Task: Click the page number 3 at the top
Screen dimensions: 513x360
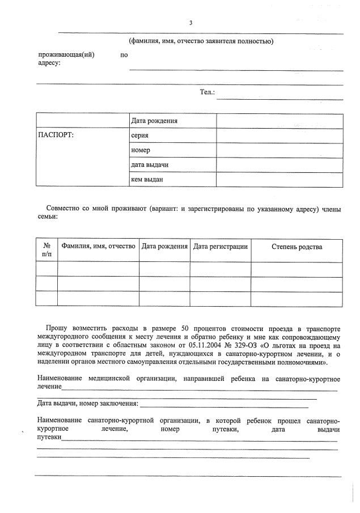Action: coord(190,23)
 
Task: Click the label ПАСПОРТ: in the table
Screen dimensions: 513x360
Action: coord(56,135)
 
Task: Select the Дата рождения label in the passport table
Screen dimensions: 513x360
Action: coord(154,121)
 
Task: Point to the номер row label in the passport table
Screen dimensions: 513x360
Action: coord(140,150)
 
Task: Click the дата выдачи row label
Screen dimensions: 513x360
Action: coord(150,165)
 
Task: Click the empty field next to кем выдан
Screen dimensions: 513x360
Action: coord(279,180)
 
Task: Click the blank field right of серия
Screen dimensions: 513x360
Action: coord(279,135)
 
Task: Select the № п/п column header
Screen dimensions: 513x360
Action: coord(46,251)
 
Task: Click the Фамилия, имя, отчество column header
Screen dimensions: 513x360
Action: coord(98,247)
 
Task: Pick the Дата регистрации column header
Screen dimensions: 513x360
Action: coord(220,247)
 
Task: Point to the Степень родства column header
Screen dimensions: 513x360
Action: coord(297,247)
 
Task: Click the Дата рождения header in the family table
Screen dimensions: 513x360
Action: coord(164,247)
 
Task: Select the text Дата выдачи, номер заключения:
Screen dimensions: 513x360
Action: coord(87,403)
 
